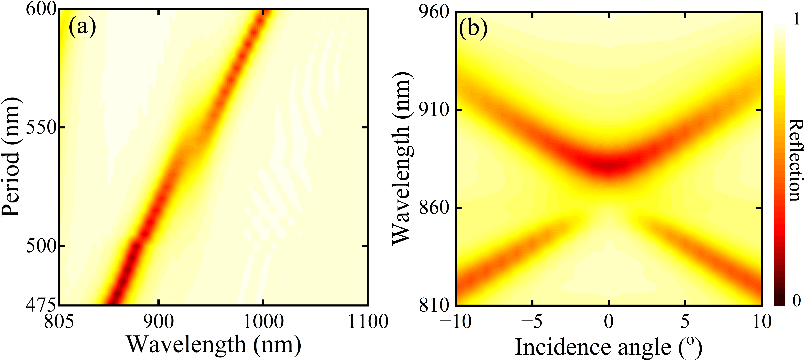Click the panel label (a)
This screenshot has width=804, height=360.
click(x=82, y=27)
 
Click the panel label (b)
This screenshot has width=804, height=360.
click(x=473, y=29)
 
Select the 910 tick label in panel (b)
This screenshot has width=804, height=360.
click(x=434, y=110)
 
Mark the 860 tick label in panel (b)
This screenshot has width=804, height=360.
click(x=434, y=208)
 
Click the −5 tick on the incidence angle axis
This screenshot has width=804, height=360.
click(x=532, y=322)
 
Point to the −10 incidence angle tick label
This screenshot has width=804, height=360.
click(x=456, y=322)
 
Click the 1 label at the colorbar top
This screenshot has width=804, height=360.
click(x=796, y=19)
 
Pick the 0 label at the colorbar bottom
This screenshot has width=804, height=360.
click(x=796, y=300)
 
